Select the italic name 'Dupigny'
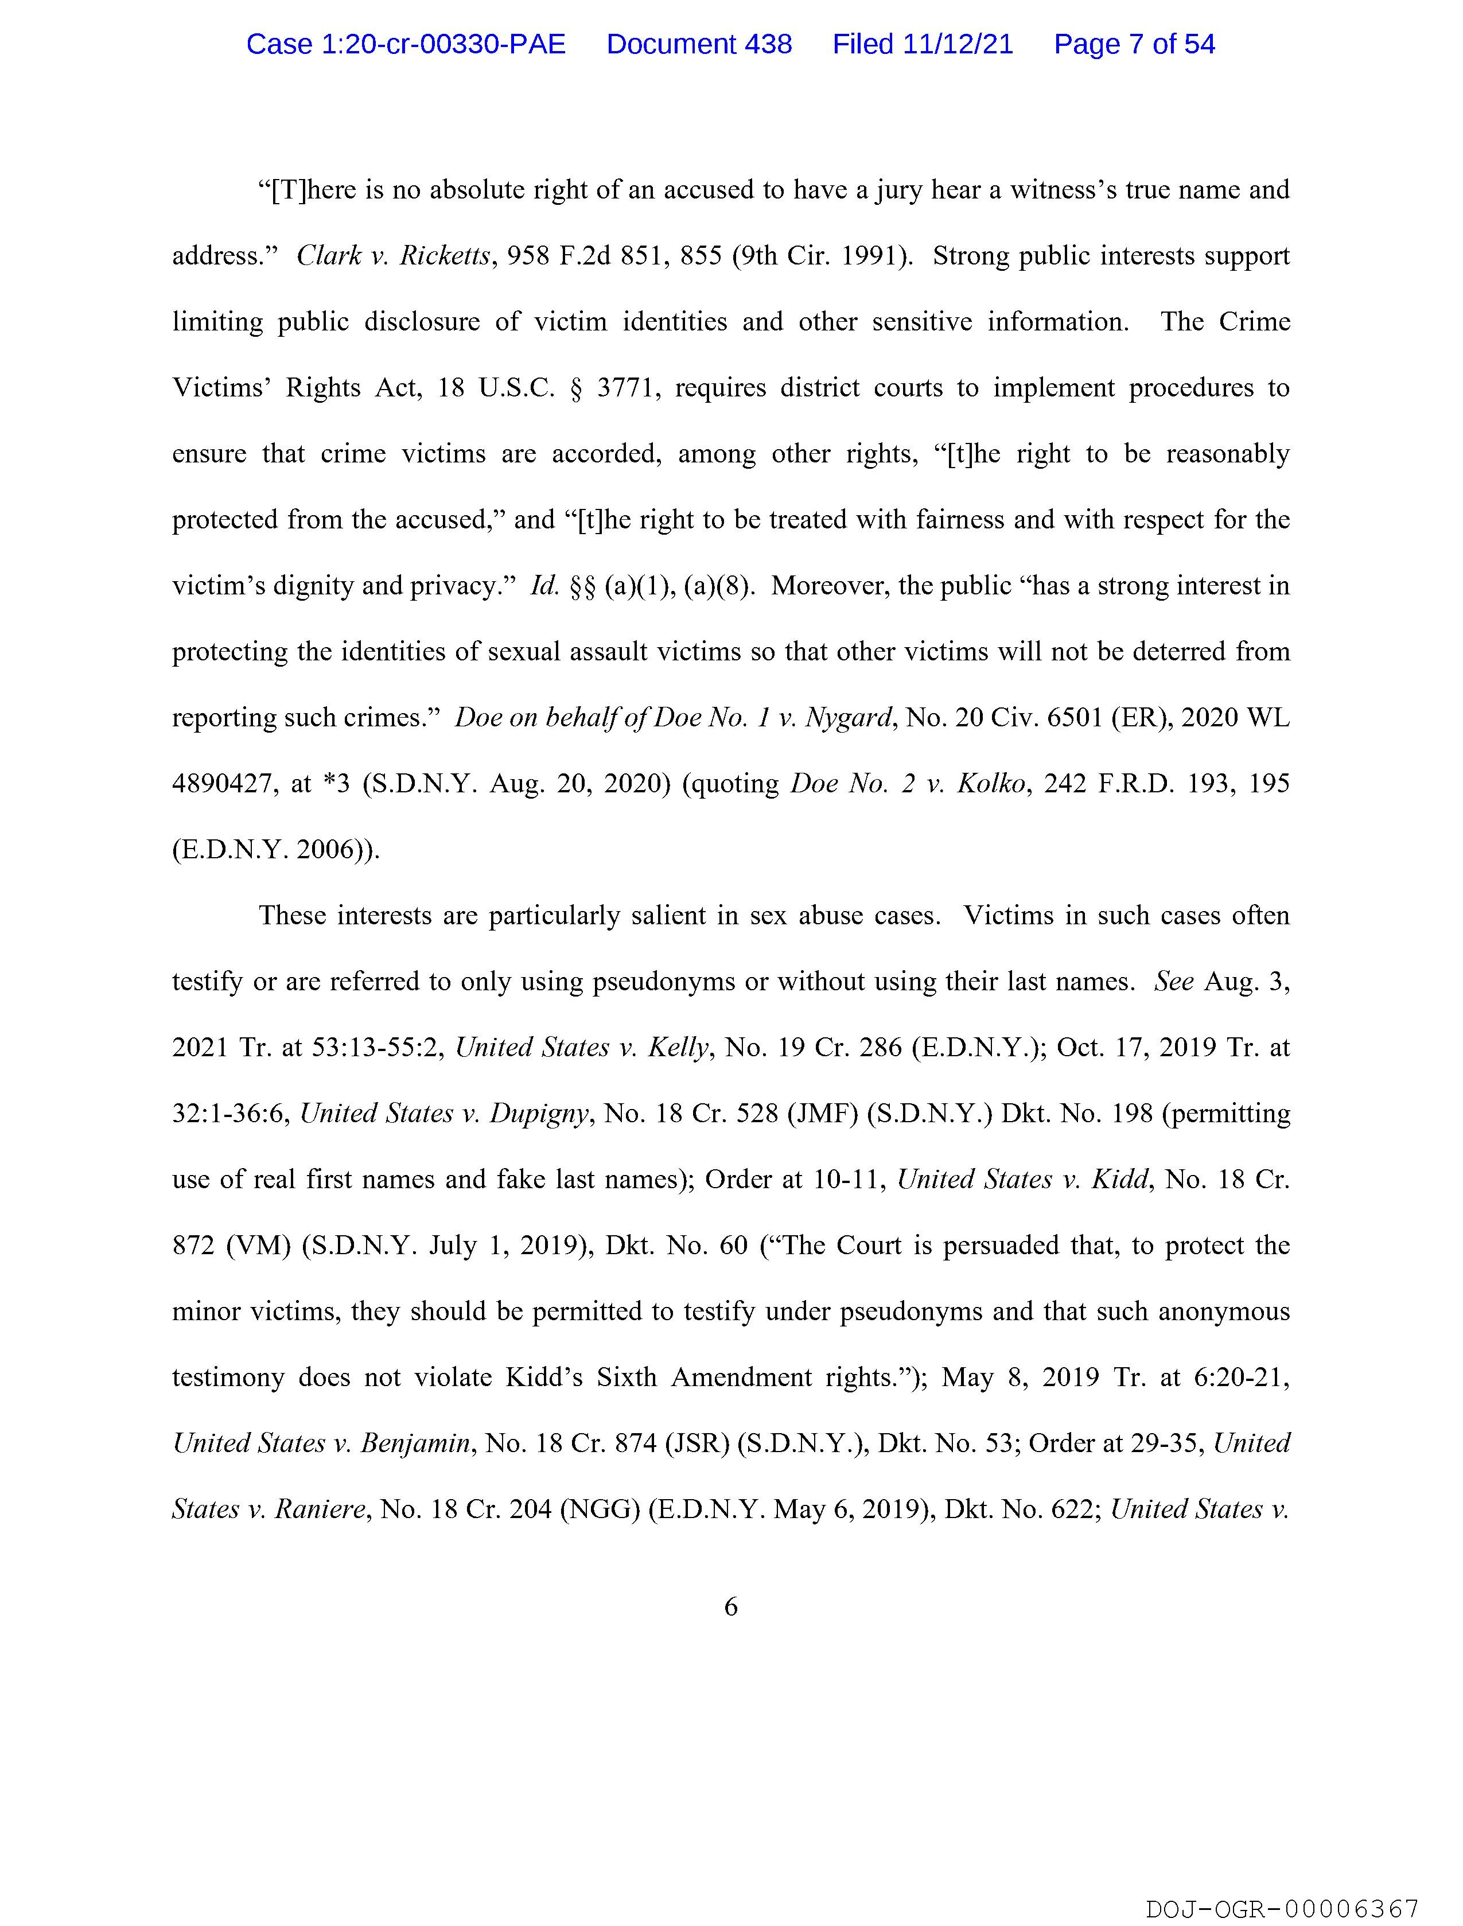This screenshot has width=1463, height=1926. (539, 1114)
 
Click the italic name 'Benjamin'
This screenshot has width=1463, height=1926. (415, 1443)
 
